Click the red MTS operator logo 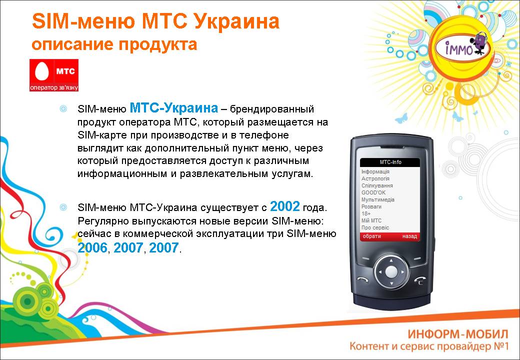pyautogui.click(x=54, y=75)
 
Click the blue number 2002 pyautogui.click(x=285, y=206)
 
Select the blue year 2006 pyautogui.click(x=92, y=247)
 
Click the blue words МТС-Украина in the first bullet pyautogui.click(x=174, y=107)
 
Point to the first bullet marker pyautogui.click(x=63, y=108)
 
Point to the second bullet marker pyautogui.click(x=63, y=207)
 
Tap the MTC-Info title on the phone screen pyautogui.click(x=390, y=162)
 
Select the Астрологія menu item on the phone pyautogui.click(x=375, y=178)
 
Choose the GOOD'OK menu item pyautogui.click(x=373, y=192)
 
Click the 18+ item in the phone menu pyautogui.click(x=366, y=213)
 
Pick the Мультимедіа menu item pyautogui.click(x=377, y=199)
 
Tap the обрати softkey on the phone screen pyautogui.click(x=372, y=236)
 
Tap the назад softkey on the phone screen pyautogui.click(x=409, y=236)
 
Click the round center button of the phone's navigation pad pyautogui.click(x=391, y=272)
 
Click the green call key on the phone pyautogui.click(x=363, y=279)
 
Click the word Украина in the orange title pyautogui.click(x=236, y=21)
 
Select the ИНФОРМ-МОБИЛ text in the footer pyautogui.click(x=457, y=334)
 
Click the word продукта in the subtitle pyautogui.click(x=158, y=44)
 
